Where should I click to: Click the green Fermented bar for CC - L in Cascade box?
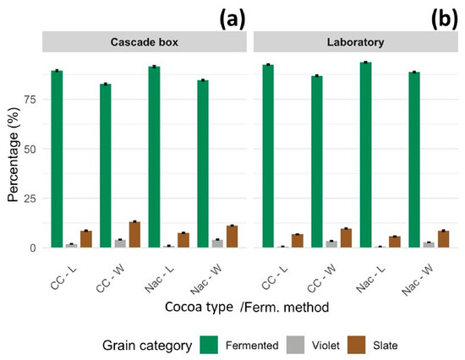[57, 159]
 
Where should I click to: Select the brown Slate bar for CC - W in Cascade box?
[134, 235]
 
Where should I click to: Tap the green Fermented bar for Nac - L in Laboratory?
[365, 155]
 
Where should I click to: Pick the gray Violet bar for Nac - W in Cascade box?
[217, 243]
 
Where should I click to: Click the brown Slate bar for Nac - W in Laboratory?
[443, 239]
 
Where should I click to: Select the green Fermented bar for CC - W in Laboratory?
[317, 161]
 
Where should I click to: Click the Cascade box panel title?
[145, 42]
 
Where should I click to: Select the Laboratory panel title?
[356, 42]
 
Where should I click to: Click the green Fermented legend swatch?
[209, 345]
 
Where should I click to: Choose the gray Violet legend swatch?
[295, 345]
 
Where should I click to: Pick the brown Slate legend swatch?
[357, 345]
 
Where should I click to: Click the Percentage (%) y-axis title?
[14, 155]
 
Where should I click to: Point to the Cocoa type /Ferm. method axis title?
[247, 307]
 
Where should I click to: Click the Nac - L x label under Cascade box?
[159, 279]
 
